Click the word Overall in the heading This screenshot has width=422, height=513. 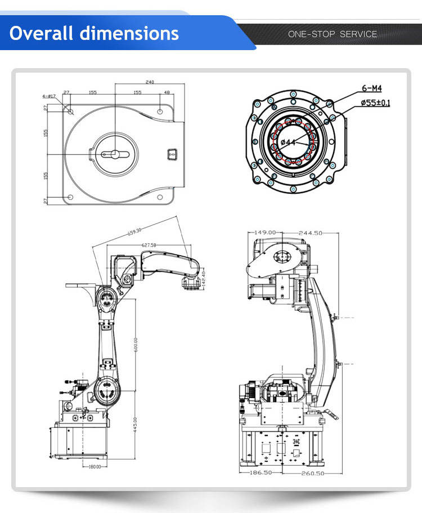pyautogui.click(x=42, y=33)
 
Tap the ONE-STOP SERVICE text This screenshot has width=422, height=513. pyautogui.click(x=332, y=34)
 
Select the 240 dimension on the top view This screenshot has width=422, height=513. pyautogui.click(x=150, y=82)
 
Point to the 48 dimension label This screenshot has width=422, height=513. pyautogui.click(x=167, y=92)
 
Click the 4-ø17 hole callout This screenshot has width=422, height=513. pyautogui.click(x=48, y=96)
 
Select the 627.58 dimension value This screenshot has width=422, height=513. pyautogui.click(x=149, y=245)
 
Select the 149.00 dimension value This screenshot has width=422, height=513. pyautogui.click(x=266, y=232)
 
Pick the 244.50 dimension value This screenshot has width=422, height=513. pyautogui.click(x=310, y=232)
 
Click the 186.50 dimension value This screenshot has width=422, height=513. pyautogui.click(x=261, y=473)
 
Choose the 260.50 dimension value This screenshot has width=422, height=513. pyautogui.click(x=311, y=473)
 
